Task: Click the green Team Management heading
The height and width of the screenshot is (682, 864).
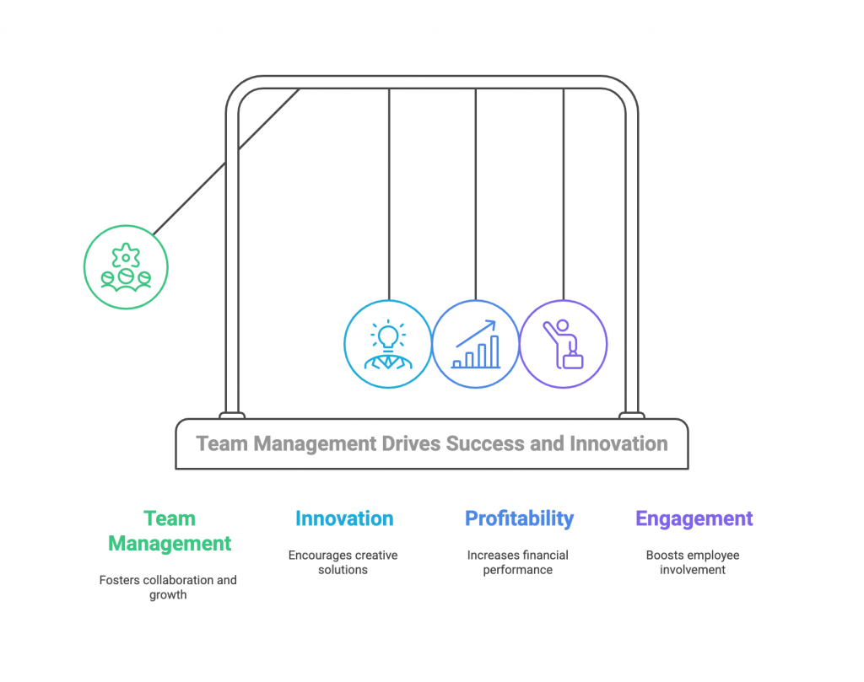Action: [x=170, y=531]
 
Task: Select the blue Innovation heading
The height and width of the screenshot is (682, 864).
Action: [x=343, y=518]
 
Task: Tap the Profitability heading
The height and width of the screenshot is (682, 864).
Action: [x=518, y=518]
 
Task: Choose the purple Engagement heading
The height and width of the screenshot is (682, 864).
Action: [x=694, y=518]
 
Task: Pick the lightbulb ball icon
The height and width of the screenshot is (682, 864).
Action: [x=387, y=345]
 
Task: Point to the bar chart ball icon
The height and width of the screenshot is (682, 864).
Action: [x=476, y=345]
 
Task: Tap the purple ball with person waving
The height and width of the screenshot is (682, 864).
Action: [x=563, y=345]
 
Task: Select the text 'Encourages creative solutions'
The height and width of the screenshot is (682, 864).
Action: [x=343, y=562]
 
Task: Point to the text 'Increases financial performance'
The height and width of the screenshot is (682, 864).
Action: [x=518, y=562]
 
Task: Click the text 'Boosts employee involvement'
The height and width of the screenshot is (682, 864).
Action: [x=694, y=562]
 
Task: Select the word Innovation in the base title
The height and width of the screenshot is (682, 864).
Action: [x=618, y=443]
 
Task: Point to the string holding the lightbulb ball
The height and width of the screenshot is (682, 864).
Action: [x=388, y=194]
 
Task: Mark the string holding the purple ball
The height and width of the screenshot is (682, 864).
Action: [x=564, y=194]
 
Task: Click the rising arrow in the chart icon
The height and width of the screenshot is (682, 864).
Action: [x=476, y=332]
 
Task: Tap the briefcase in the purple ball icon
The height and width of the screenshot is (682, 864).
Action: [x=574, y=361]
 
